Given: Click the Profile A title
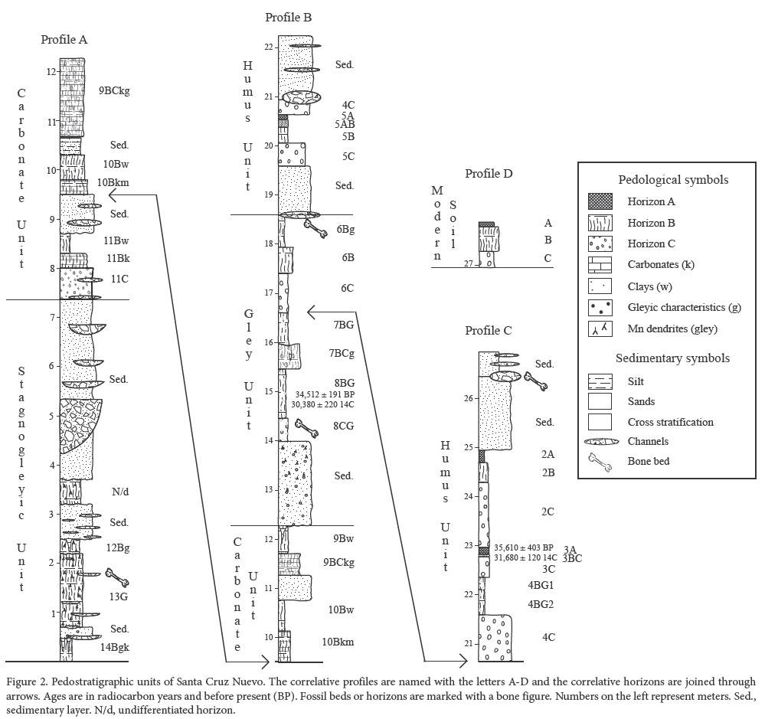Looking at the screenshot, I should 64,40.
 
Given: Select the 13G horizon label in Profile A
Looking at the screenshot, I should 119,587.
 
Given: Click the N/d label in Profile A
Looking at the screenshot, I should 118,491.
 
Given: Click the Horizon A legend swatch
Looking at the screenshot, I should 600,202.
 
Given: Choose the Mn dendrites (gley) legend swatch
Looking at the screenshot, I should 600,330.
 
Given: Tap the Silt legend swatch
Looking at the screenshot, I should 600,380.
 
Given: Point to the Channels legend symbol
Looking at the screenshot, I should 600,441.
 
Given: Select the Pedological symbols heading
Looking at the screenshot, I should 672,180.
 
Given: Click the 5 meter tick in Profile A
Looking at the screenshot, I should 52,417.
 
